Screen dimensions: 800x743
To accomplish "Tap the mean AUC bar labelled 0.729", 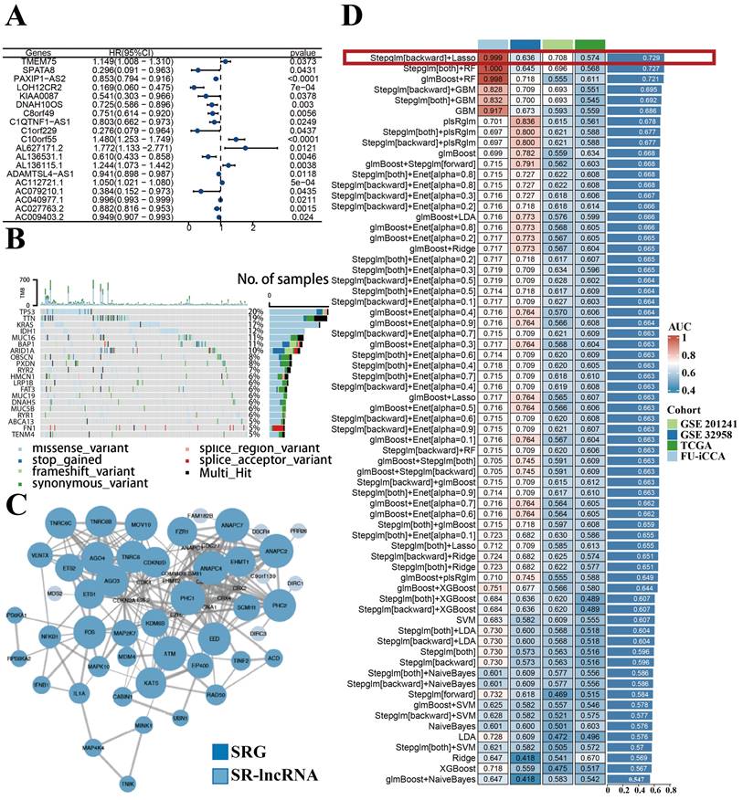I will coord(653,58).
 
